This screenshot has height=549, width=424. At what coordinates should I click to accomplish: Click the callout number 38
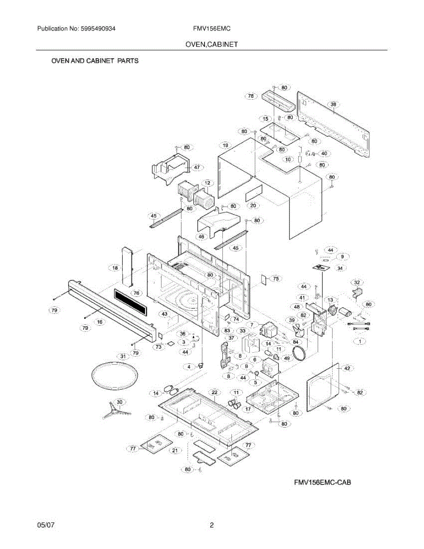point(333,105)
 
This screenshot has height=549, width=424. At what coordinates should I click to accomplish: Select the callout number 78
point(251,96)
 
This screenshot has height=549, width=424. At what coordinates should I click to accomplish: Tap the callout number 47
point(196,168)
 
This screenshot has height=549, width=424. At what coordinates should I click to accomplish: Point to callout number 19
point(225,146)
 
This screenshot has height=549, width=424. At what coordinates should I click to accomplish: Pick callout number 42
point(347,368)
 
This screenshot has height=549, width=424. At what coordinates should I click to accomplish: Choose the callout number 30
point(119,402)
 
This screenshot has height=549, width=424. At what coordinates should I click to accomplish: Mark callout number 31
point(123,356)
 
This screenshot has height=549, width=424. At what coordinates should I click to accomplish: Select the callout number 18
point(115,268)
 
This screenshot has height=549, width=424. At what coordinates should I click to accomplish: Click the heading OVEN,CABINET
point(211,44)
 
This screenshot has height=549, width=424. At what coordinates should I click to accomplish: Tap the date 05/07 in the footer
point(45,526)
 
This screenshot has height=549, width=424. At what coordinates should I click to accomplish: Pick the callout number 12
point(207,183)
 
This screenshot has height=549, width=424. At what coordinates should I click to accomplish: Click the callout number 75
point(275,278)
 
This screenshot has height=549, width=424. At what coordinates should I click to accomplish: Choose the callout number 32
point(357,283)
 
